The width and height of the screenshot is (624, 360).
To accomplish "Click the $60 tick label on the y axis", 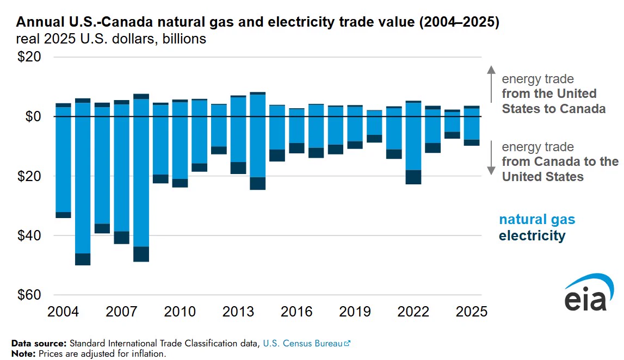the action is [x=29, y=295].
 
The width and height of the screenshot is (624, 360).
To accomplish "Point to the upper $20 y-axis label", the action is [x=29, y=57].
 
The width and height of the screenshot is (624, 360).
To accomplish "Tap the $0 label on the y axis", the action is [x=33, y=116].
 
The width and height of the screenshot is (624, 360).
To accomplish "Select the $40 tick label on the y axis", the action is [x=29, y=235].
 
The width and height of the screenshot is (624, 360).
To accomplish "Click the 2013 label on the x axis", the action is [x=238, y=312].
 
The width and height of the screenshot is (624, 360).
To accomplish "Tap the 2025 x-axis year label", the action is [x=472, y=312].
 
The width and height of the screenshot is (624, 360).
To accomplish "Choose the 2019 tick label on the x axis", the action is [x=355, y=312].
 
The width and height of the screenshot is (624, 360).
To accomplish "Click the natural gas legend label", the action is [x=537, y=220].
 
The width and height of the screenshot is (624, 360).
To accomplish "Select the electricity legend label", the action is [x=532, y=235].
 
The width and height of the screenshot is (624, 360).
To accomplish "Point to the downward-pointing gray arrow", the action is [x=491, y=158].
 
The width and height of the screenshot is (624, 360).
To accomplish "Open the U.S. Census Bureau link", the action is [x=306, y=343].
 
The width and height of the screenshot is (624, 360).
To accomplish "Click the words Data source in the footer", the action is [x=39, y=343].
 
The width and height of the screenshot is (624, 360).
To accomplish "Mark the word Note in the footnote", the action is [x=23, y=353].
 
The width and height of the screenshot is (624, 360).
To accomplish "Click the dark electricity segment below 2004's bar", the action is [x=63, y=215].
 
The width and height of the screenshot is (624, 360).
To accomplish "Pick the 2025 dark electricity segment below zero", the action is [x=472, y=143].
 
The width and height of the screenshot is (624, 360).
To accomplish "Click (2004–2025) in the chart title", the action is [x=459, y=22].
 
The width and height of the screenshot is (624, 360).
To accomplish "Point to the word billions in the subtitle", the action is [x=184, y=39].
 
